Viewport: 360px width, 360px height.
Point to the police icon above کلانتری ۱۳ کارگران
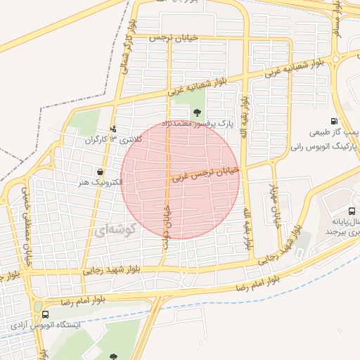[x=114, y=129]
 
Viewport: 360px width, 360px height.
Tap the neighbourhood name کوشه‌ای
[x=111, y=231]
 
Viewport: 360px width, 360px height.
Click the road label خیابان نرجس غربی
[x=205, y=174]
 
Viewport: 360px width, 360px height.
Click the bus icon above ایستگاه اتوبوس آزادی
[x=46, y=314]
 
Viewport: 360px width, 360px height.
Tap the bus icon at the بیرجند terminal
[x=351, y=211]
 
